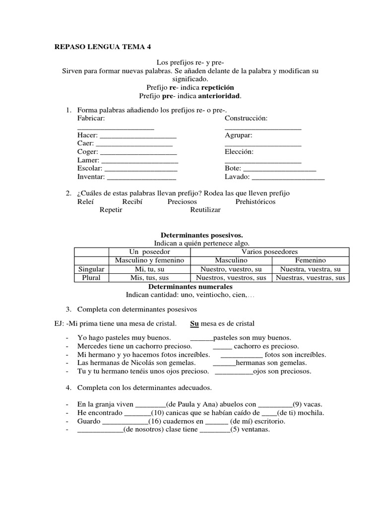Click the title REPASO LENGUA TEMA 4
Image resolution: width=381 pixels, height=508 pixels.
pyautogui.click(x=102, y=47)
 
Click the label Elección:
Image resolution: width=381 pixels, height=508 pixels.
pyautogui.click(x=239, y=152)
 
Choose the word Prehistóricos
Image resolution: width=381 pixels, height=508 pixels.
pyautogui.click(x=255, y=201)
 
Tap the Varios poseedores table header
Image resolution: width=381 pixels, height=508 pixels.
pyautogui.click(x=269, y=252)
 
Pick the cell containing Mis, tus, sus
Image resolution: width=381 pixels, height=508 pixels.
pyautogui.click(x=149, y=277)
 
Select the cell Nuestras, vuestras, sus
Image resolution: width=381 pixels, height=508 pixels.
pyautogui.click(x=311, y=277)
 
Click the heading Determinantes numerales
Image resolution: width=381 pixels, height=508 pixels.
pyautogui.click(x=190, y=286)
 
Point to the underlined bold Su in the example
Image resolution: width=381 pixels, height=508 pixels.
pyautogui.click(x=195, y=323)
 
